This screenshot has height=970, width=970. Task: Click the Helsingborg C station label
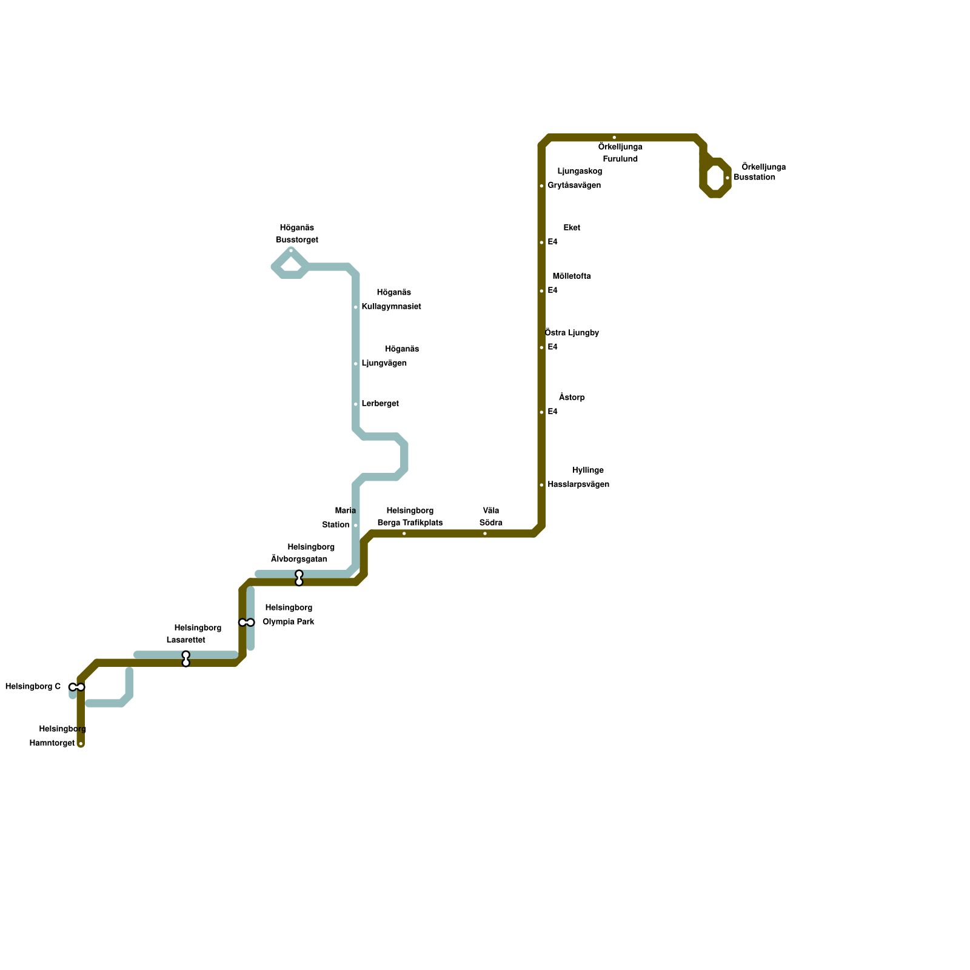point(33,687)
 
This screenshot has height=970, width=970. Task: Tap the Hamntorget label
point(52,743)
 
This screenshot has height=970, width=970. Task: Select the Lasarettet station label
point(186,640)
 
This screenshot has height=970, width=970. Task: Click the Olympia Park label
point(288,622)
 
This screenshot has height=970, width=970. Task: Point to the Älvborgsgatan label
point(299,560)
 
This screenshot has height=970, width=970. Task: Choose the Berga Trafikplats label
point(410,523)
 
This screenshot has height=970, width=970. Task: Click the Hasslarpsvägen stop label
point(578,485)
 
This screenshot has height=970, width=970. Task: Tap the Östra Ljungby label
point(572,333)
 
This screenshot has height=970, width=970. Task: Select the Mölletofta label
point(572,276)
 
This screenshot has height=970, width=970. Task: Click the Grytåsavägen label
point(574,186)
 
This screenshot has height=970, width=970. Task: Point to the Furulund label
point(620,159)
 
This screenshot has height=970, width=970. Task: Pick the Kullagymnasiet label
point(391,307)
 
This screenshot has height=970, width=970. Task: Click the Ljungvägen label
point(384,364)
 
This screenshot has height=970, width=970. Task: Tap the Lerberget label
point(380,404)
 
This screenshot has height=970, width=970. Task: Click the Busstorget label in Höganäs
point(297,240)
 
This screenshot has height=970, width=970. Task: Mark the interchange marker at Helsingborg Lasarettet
point(186,659)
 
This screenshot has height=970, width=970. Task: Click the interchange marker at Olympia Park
point(247,623)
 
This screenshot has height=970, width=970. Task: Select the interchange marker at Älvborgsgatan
point(299,578)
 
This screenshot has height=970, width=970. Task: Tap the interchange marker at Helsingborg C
point(77,687)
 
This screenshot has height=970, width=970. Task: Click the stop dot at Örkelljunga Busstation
point(727,178)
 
